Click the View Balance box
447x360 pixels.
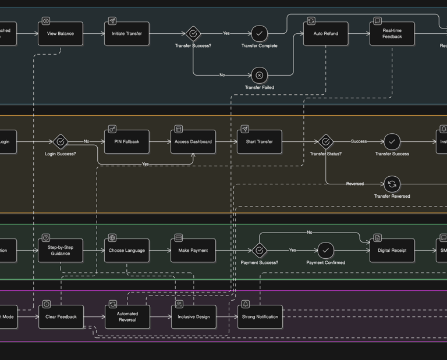[x=61, y=34]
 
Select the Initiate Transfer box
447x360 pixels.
[x=127, y=34]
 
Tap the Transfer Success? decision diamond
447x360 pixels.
[x=193, y=34]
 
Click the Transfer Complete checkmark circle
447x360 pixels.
[x=260, y=34]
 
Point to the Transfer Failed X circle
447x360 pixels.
[x=260, y=75]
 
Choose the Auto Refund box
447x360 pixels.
[x=326, y=34]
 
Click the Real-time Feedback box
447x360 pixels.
[x=392, y=34]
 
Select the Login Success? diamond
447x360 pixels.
[x=61, y=141]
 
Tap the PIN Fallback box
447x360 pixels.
[x=127, y=142]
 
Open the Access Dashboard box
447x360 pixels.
[x=193, y=142]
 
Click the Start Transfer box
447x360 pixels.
[x=260, y=142]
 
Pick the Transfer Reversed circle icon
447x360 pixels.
[x=392, y=184]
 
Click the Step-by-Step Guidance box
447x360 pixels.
[x=61, y=251]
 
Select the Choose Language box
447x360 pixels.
[x=127, y=251]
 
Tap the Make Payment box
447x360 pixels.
[x=193, y=251]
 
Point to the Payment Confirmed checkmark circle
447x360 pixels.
[x=326, y=251]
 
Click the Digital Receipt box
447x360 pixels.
[x=392, y=251]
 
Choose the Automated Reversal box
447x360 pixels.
[x=127, y=317]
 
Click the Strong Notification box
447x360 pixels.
[x=260, y=317]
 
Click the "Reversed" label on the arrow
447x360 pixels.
[x=355, y=184]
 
